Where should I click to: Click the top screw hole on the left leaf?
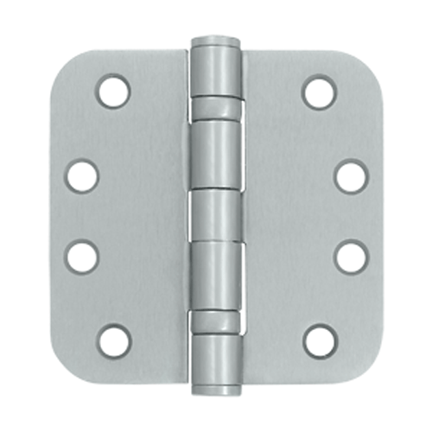[x=112, y=91]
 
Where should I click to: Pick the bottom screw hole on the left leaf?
[x=112, y=340]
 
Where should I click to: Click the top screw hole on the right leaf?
[x=319, y=91]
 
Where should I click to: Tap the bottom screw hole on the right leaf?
[x=319, y=340]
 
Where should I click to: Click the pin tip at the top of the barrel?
[x=215, y=41]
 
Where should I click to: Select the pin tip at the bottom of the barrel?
[x=215, y=391]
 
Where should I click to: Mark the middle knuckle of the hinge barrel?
[x=215, y=215]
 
